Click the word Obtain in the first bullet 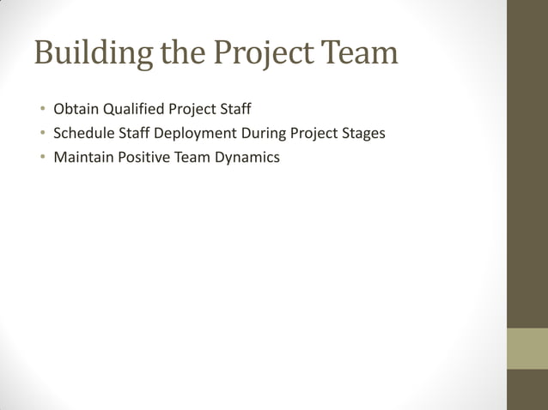click(76, 110)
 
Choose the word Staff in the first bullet click(233, 110)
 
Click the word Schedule click(83, 134)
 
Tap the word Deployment click(194, 135)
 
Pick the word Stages click(363, 135)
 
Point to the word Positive click(145, 158)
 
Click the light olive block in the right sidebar click(527, 348)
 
